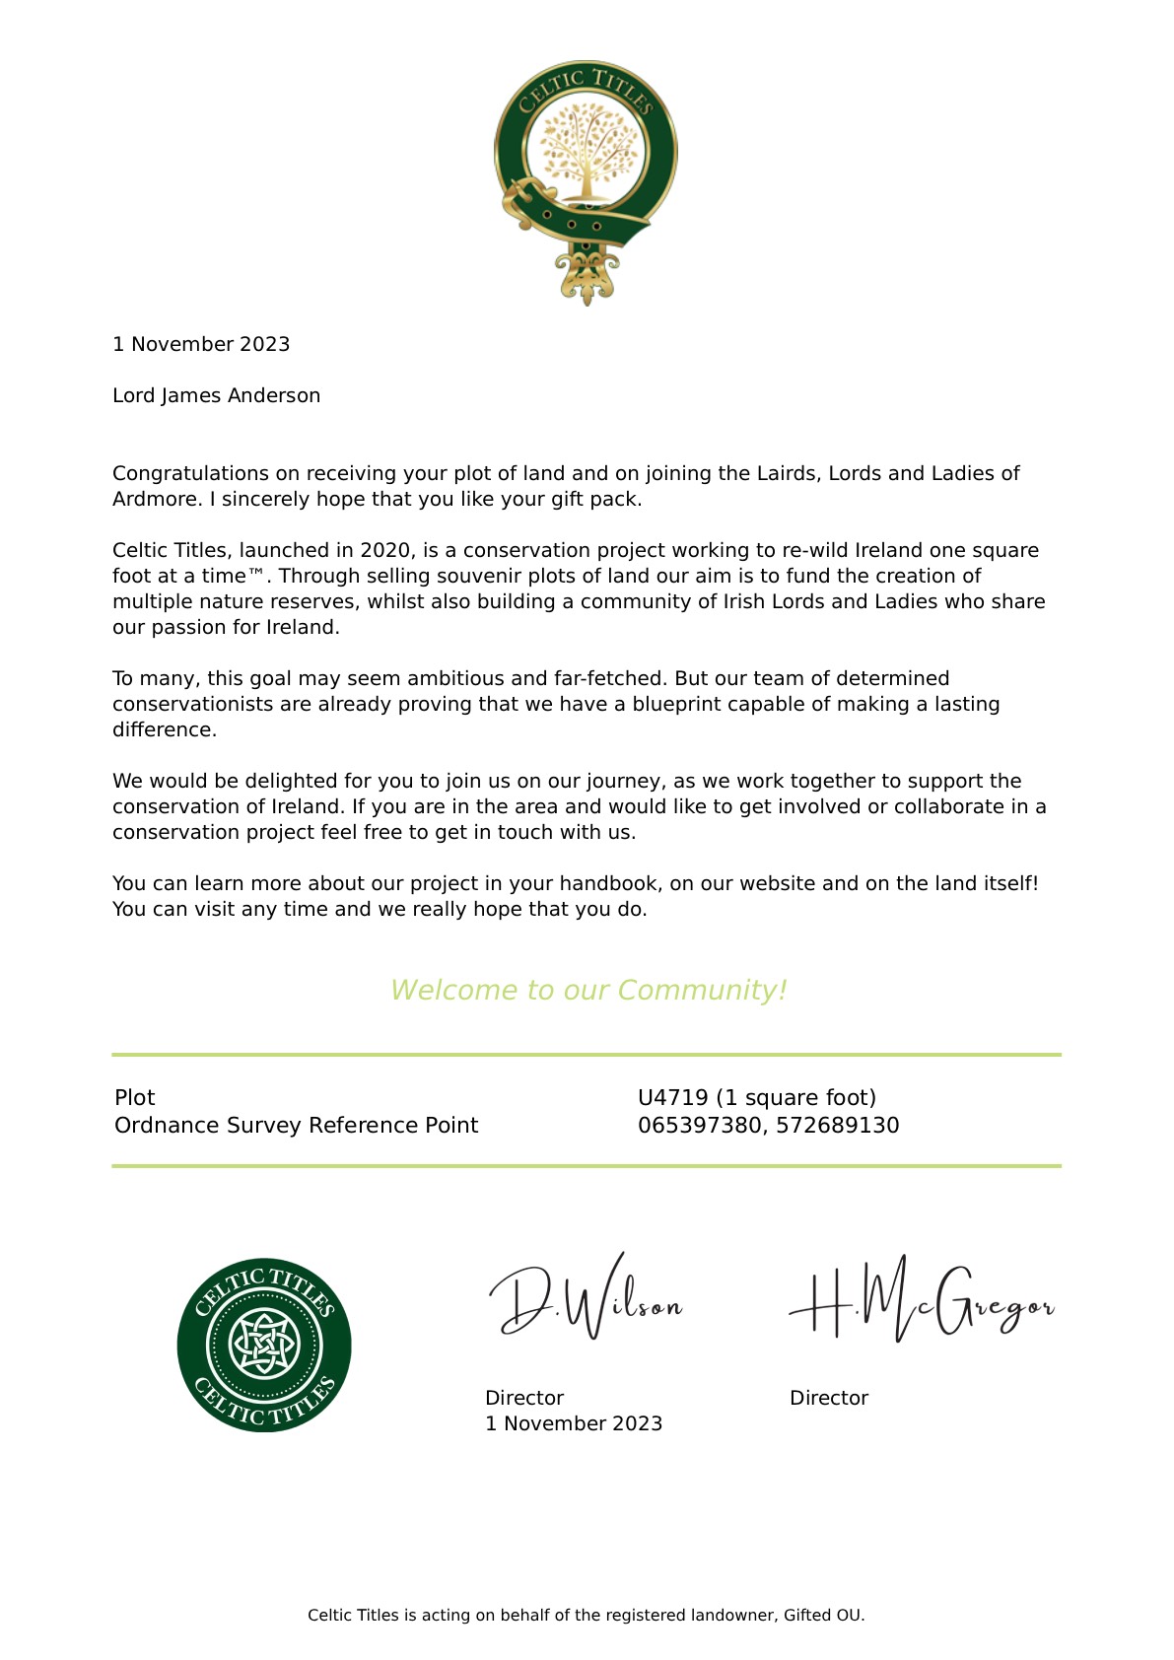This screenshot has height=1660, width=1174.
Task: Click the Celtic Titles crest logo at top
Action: [586, 182]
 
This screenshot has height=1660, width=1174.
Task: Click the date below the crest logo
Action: [201, 345]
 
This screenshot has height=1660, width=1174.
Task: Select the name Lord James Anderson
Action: [216, 396]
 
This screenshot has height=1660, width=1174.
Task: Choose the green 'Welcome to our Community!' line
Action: [588, 991]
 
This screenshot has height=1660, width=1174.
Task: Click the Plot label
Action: [135, 1098]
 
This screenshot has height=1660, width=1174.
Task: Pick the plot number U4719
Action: [673, 1098]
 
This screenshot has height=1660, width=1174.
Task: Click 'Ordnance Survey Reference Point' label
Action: [296, 1126]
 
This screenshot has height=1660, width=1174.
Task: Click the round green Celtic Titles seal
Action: [264, 1346]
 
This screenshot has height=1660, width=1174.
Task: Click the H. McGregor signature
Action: [921, 1301]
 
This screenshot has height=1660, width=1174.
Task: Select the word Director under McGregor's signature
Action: [829, 1399]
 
